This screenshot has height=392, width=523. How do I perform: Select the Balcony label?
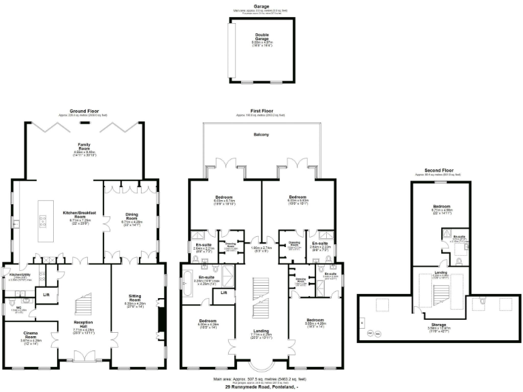261,134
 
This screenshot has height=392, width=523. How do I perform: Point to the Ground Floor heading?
84,111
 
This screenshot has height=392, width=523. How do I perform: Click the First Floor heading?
261,111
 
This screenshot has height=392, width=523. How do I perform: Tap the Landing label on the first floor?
261,331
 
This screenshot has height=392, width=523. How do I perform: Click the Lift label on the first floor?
223,293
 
